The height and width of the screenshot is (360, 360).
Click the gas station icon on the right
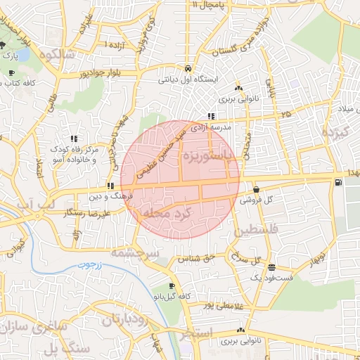[x=340, y=184]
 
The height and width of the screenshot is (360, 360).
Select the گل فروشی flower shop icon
[x=256, y=189]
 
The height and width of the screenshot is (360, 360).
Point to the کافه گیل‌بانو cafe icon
[x=172, y=286]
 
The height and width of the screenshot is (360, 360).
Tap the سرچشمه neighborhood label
[x=135, y=251]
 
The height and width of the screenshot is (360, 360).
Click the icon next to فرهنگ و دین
[x=110, y=186]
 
